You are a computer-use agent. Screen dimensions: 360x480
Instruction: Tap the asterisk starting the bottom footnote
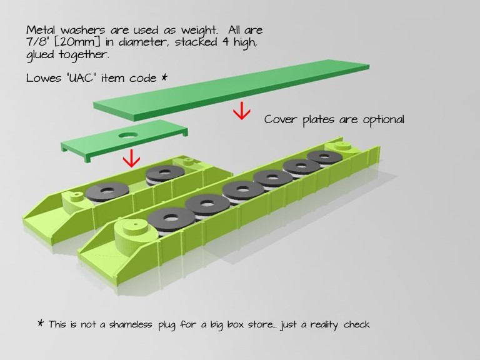[x=41, y=324]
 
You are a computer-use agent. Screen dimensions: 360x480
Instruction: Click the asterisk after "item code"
[x=164, y=77]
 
